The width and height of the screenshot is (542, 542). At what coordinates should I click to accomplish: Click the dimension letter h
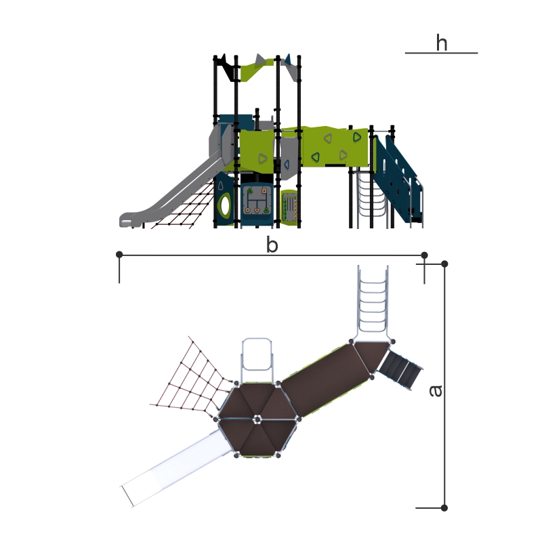click(x=442, y=43)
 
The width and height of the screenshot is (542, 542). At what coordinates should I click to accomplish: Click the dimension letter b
click(x=272, y=244)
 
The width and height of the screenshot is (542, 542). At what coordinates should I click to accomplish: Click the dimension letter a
click(x=436, y=391)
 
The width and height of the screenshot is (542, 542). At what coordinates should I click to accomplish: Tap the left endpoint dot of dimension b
click(x=119, y=255)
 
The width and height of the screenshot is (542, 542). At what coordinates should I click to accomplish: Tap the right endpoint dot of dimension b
click(x=425, y=255)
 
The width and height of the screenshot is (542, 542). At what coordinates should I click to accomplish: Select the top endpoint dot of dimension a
click(x=444, y=264)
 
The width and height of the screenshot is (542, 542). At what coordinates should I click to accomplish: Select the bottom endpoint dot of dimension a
click(x=444, y=507)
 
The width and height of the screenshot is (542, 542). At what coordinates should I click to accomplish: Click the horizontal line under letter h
click(x=442, y=53)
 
